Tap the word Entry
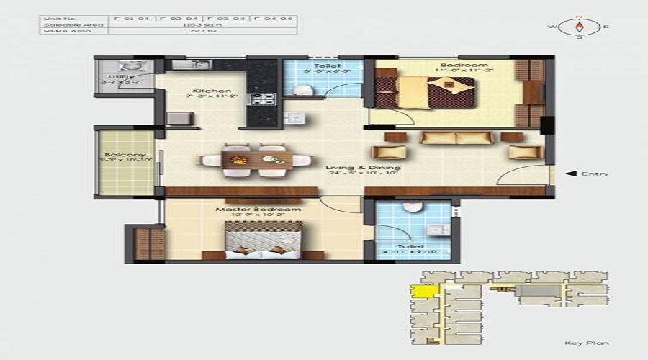point(595,174)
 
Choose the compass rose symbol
point(580,27)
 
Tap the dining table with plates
point(257,160)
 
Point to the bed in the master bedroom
point(262,240)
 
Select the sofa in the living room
point(456,138)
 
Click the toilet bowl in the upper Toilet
point(304,89)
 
